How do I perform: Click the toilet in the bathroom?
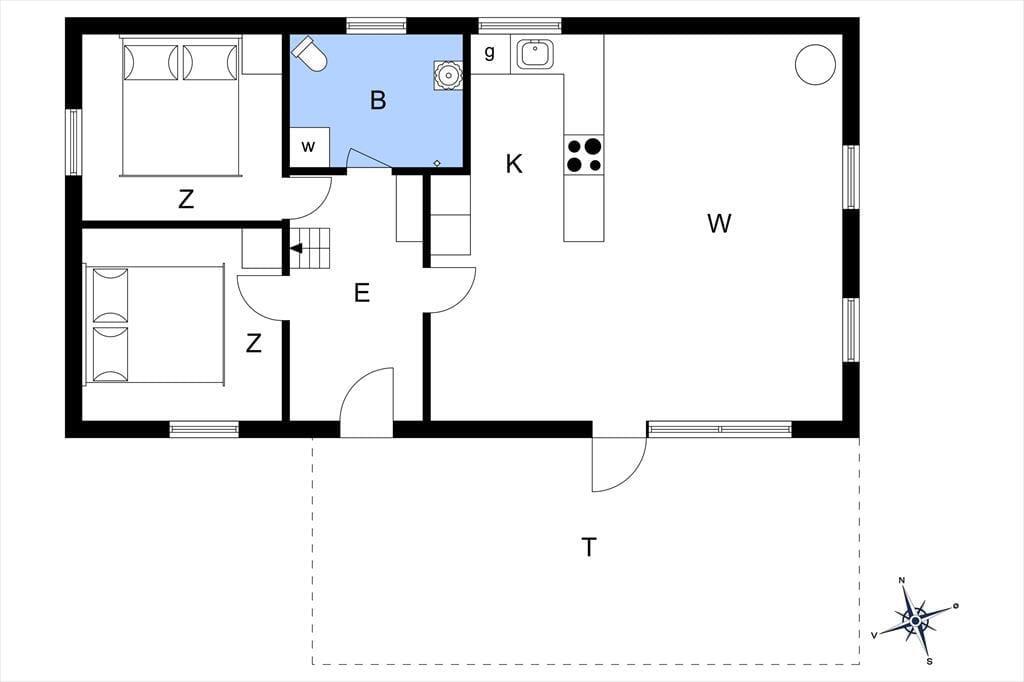pyautogui.click(x=309, y=53)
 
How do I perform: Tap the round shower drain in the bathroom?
pyautogui.click(x=449, y=75)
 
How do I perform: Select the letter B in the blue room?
pyautogui.click(x=378, y=101)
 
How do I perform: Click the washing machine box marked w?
pyautogui.click(x=310, y=146)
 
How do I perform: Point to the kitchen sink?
pyautogui.click(x=536, y=54)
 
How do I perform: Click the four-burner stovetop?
pyautogui.click(x=584, y=155)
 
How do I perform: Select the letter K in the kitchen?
pyautogui.click(x=514, y=164)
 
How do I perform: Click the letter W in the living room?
pyautogui.click(x=719, y=223)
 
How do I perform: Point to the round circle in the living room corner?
pyautogui.click(x=815, y=63)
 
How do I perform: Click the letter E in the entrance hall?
pyautogui.click(x=362, y=293)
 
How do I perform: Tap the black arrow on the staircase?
pyautogui.click(x=296, y=248)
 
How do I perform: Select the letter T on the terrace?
pyautogui.click(x=589, y=547)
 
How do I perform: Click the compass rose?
pyautogui.click(x=916, y=619)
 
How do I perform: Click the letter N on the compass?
pyautogui.click(x=902, y=580)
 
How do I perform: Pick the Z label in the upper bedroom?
pyautogui.click(x=186, y=199)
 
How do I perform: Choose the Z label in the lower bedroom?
pyautogui.click(x=253, y=343)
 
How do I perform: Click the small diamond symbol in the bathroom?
pyautogui.click(x=437, y=163)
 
